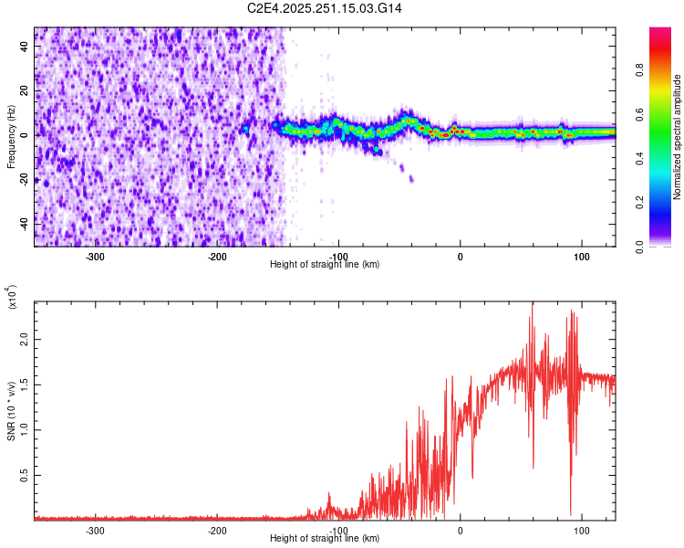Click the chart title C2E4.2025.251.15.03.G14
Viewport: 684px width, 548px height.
coord(325,8)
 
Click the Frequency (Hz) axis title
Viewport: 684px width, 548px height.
coord(11,137)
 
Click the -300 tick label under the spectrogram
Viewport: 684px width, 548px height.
coord(97,256)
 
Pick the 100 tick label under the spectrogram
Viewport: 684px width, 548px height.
coord(581,256)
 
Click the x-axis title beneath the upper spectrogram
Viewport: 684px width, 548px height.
coord(325,264)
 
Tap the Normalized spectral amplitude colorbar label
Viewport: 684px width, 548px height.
coord(678,137)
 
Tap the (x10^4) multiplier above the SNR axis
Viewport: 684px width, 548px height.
coord(13,297)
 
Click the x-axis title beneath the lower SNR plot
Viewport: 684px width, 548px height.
coord(325,538)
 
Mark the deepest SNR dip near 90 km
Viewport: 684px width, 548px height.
coord(571,514)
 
